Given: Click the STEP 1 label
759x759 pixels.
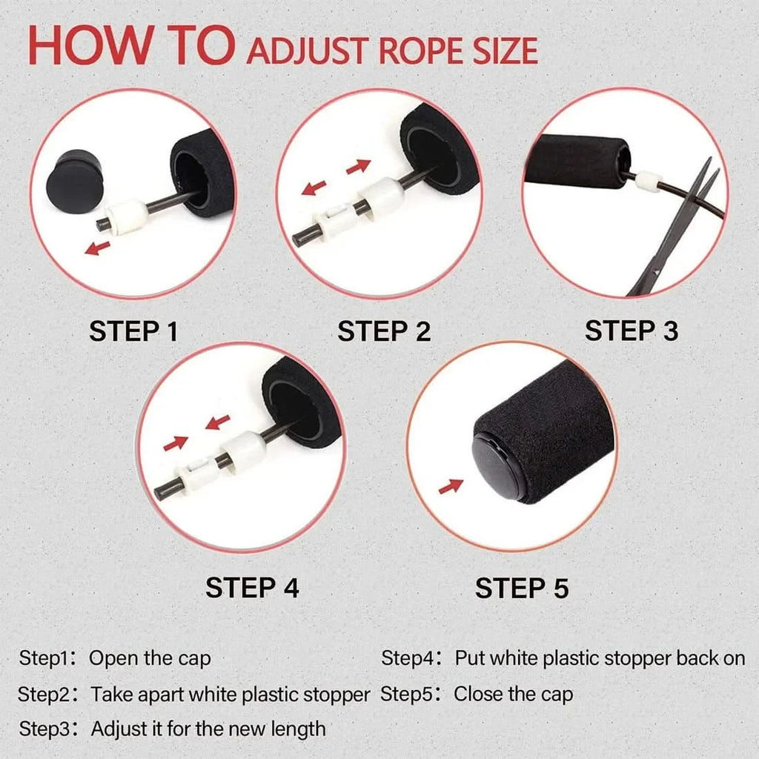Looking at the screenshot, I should (x=133, y=331).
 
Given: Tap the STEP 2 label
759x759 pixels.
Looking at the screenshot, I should (x=384, y=331).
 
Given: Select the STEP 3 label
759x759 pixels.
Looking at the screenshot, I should (x=631, y=331).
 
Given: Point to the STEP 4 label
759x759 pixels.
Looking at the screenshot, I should (x=252, y=588).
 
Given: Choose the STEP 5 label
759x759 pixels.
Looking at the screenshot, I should (x=522, y=588).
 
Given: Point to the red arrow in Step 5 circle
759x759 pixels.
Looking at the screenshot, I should (x=451, y=486).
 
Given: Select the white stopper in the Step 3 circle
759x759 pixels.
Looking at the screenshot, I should (x=648, y=179).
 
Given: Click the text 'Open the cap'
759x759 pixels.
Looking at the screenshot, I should (x=150, y=657).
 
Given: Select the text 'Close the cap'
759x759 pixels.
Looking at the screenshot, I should (x=513, y=695).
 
